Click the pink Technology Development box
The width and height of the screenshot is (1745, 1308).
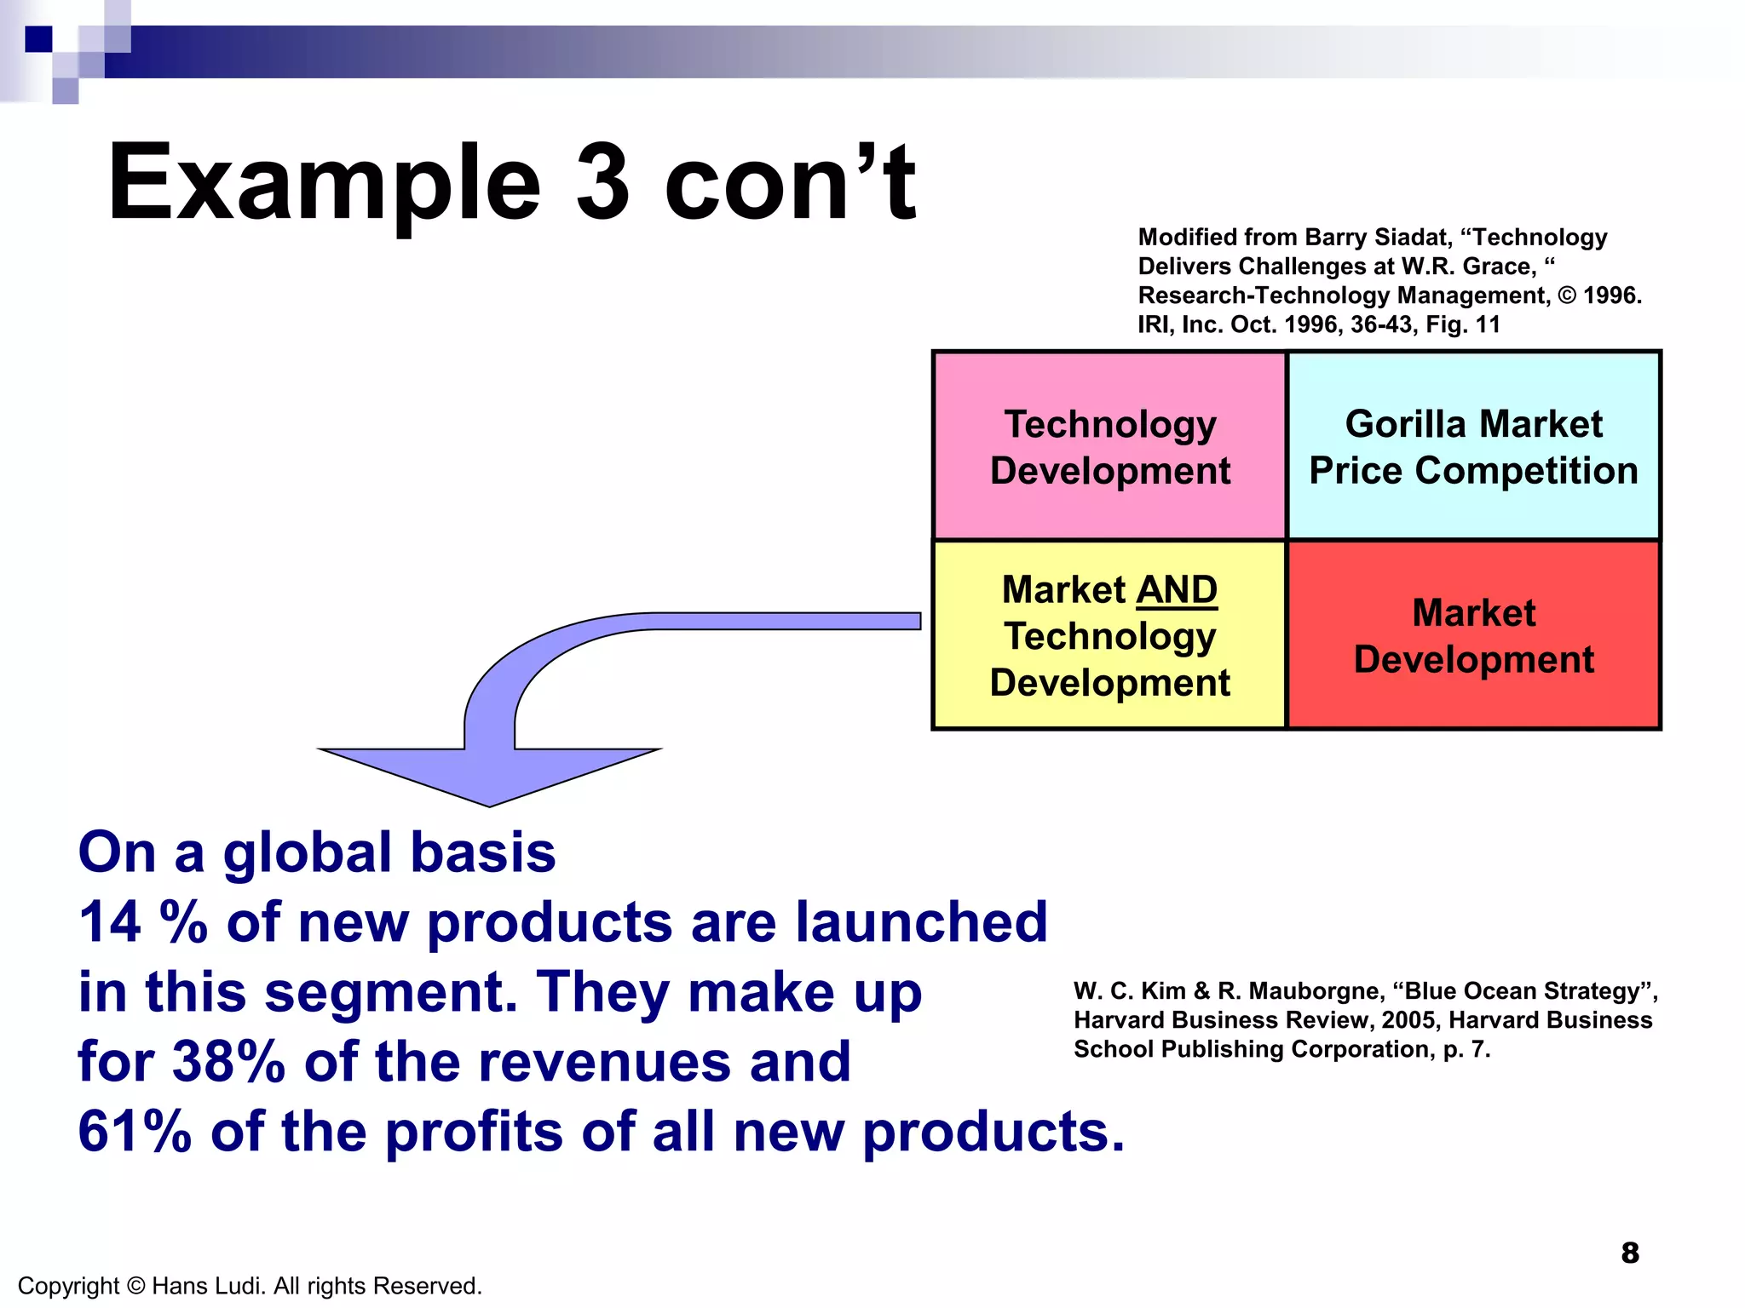click(x=1109, y=446)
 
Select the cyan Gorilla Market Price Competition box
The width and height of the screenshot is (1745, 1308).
click(x=1473, y=446)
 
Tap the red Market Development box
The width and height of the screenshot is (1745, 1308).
click(x=1473, y=635)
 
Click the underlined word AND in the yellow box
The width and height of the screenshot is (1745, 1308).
click(x=1177, y=590)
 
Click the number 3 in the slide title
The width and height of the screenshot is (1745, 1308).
click(x=602, y=182)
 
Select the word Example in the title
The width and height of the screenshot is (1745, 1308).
click(x=324, y=182)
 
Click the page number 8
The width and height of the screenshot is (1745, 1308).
click(x=1629, y=1253)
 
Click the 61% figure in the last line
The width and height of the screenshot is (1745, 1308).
click(x=134, y=1132)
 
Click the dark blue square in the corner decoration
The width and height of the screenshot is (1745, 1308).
click(x=38, y=39)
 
